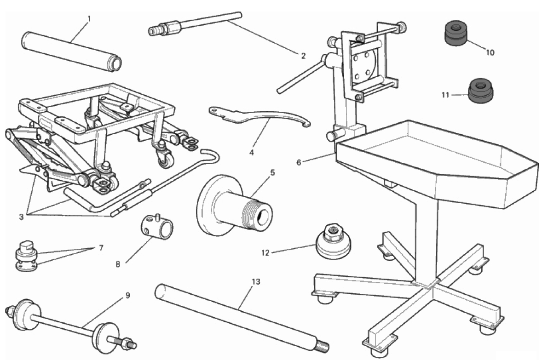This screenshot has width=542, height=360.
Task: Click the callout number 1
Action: (x=89, y=18)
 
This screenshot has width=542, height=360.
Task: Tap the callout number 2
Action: (x=303, y=56)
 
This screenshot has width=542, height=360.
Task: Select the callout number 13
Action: (x=256, y=282)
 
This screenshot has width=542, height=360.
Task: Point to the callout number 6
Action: (x=299, y=162)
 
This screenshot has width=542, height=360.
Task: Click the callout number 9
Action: (x=127, y=295)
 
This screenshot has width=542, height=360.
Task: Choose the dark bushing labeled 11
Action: (x=481, y=91)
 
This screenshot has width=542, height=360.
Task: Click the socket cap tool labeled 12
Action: (x=334, y=241)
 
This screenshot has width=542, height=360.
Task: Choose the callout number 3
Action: (x=22, y=217)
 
